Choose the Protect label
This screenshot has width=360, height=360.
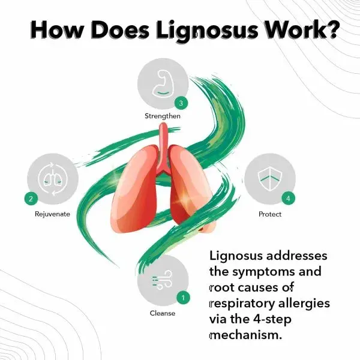coord(269,214)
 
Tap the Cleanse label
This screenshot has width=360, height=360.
coord(162,313)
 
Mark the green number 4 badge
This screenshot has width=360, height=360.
coord(289,197)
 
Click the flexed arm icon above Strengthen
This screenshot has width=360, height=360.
coord(162,84)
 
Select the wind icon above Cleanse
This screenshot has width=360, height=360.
coord(161,280)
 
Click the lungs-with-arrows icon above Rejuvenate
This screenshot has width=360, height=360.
coord(50,178)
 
